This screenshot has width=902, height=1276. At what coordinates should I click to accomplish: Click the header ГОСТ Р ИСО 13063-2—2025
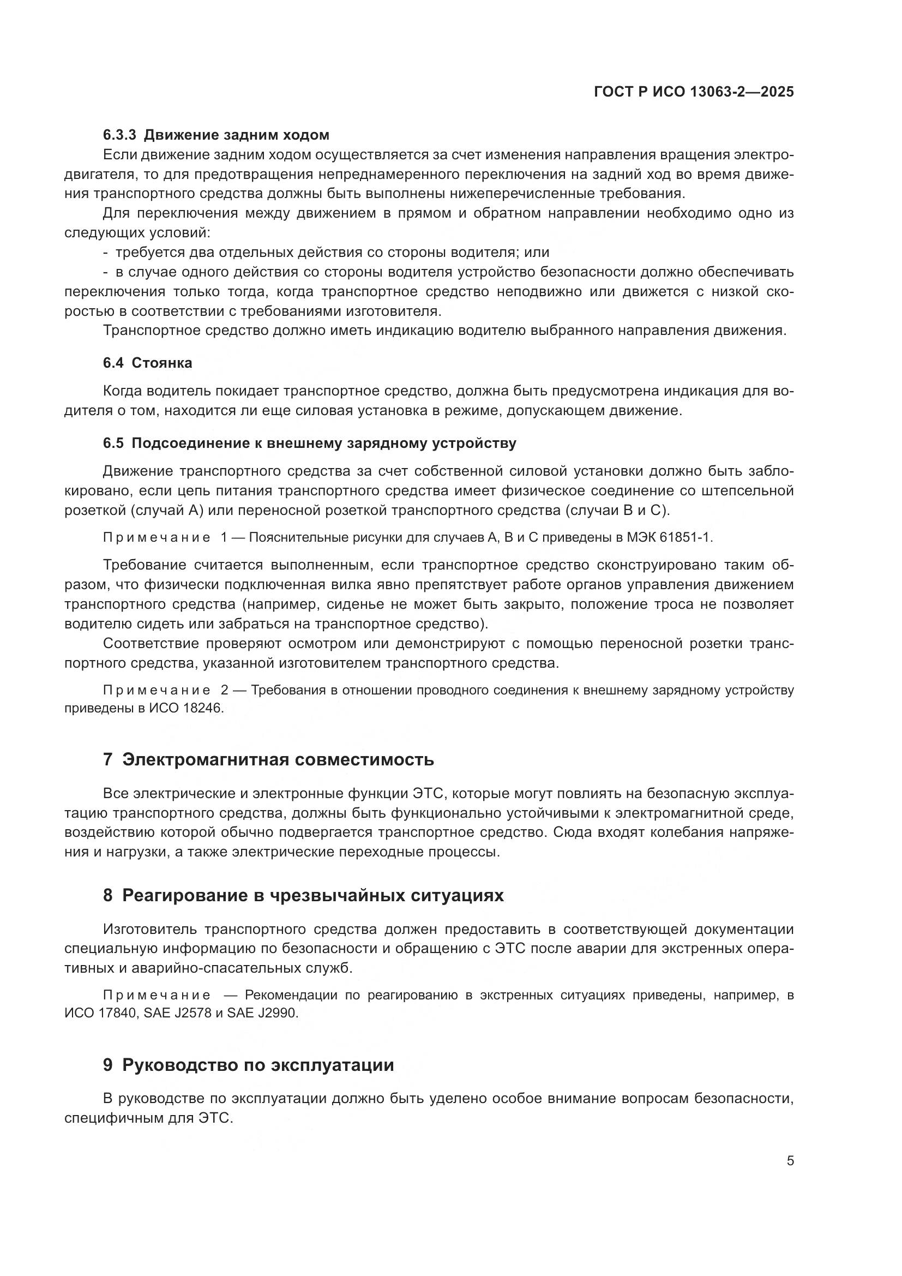(693, 92)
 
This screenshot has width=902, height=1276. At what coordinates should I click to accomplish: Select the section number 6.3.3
(119, 135)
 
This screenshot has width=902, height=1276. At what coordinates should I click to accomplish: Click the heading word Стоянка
(162, 363)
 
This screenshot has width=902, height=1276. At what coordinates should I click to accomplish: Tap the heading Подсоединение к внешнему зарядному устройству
(324, 443)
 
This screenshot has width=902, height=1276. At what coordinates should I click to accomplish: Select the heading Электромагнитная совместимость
(278, 759)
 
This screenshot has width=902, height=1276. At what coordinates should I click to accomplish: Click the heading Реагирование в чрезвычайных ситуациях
(312, 895)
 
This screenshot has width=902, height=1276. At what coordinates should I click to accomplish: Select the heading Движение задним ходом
(237, 135)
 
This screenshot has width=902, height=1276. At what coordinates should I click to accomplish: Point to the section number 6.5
(113, 443)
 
